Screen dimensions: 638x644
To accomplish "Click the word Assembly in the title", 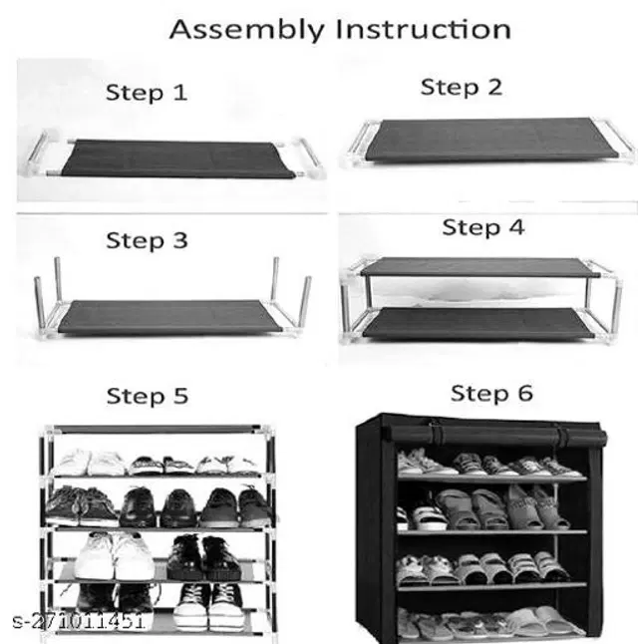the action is click(x=246, y=30).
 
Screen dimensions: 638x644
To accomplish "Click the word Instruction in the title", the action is click(x=424, y=29).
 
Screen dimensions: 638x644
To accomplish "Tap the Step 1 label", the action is click(x=147, y=93).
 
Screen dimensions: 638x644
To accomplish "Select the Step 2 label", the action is click(x=462, y=88).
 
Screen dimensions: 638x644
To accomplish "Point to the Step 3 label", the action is click(x=147, y=241).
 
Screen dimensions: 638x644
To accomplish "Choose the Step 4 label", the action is click(x=483, y=227).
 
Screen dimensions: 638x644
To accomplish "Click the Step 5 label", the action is click(x=148, y=397).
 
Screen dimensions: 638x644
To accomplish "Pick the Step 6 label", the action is click(x=491, y=394).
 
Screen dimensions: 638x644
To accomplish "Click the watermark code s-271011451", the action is click(x=78, y=621).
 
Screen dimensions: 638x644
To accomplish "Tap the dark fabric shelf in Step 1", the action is click(x=176, y=159).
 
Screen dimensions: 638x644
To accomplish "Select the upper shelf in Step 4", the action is click(x=478, y=267).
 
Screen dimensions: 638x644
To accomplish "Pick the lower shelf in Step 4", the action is click(x=478, y=323).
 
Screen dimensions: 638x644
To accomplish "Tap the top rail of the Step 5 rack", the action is click(x=159, y=430).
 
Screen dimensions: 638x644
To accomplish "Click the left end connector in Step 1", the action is click(x=39, y=153).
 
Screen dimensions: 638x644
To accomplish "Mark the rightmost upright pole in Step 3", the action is click(x=304, y=303).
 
